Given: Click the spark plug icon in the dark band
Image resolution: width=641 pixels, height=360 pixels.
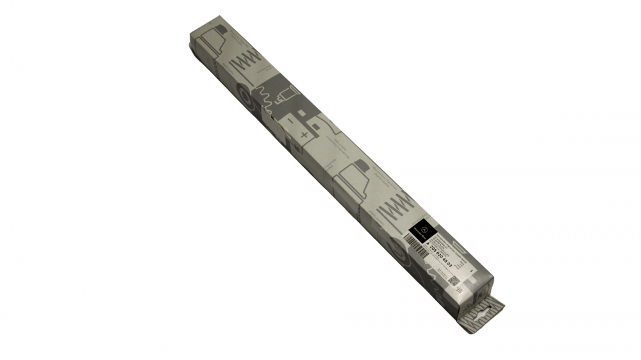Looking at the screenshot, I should tap(286, 95).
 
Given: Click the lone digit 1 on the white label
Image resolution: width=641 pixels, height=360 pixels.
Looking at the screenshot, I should tap(470, 272).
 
